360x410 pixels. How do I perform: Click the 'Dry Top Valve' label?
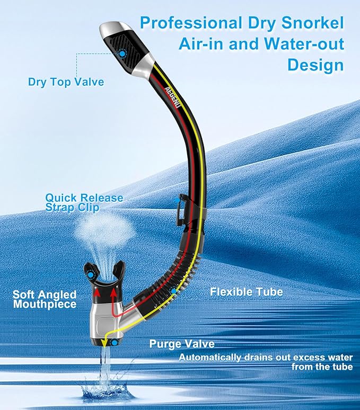pos(66,82)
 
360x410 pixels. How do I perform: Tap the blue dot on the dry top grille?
pos(122,54)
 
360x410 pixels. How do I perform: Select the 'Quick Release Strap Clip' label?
pos(84,202)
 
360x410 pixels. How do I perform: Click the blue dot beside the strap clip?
pos(178,200)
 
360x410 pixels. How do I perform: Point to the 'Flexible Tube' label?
pos(247,292)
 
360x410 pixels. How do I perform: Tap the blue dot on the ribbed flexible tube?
pos(173,291)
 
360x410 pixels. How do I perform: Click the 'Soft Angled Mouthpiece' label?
pos(45,299)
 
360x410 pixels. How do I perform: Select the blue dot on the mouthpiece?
pos(91,275)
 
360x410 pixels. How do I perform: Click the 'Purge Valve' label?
pos(182,344)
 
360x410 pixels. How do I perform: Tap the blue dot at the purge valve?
pos(115,343)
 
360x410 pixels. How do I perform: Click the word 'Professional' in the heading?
pos(191,23)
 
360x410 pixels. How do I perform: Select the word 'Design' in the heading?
pos(315,65)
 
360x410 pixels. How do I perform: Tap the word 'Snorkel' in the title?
pos(312,23)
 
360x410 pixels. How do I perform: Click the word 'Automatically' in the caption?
pos(210,358)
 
